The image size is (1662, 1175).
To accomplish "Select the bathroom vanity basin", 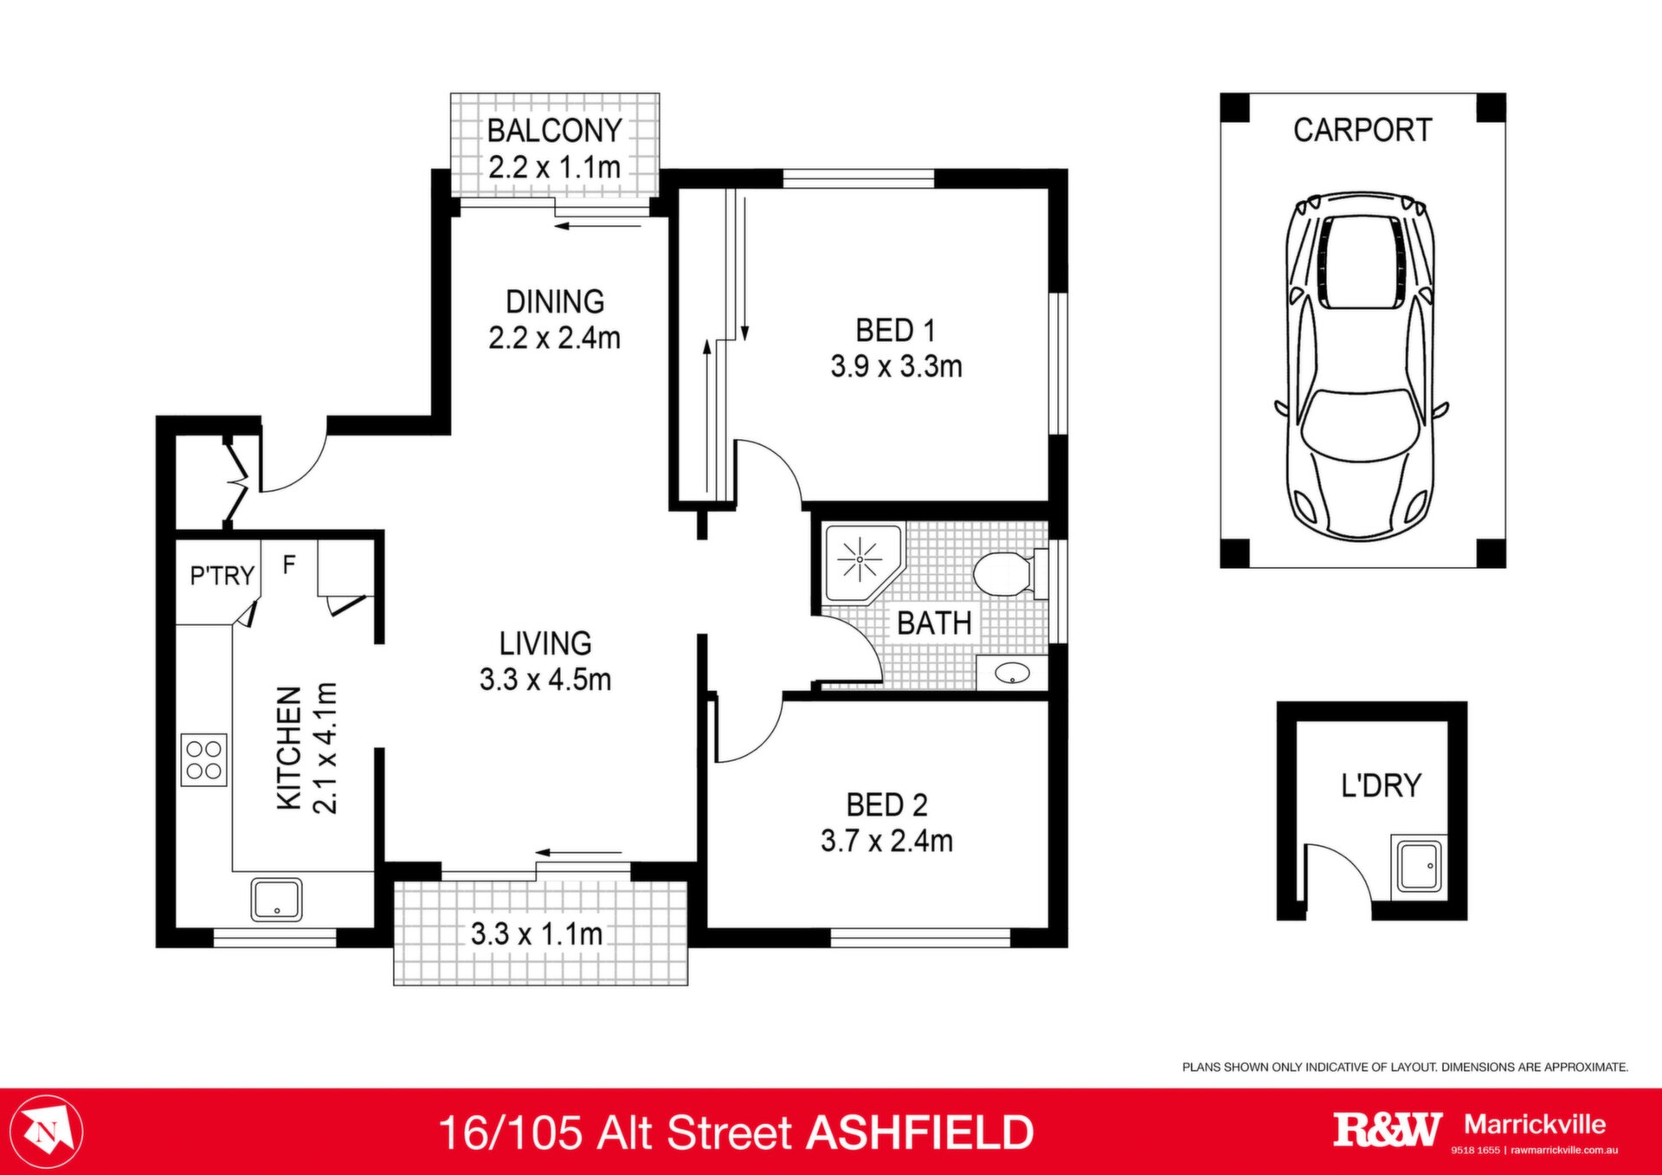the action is click(x=1011, y=673).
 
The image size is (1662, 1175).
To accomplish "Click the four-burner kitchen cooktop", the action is click(x=204, y=760).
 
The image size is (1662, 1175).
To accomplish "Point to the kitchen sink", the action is click(x=277, y=900).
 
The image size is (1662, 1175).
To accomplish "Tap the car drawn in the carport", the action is click(x=1361, y=367).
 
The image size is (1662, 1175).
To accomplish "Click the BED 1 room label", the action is click(x=896, y=330).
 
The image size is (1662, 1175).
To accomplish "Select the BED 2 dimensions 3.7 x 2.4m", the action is click(x=886, y=841).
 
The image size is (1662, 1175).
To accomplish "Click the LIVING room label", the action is click(x=545, y=643).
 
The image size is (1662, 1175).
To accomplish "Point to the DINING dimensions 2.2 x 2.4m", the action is click(x=554, y=338).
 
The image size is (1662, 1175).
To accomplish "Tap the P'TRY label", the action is click(x=222, y=576).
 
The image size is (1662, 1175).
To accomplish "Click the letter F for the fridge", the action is click(x=289, y=565).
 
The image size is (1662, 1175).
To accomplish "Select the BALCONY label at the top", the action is click(x=554, y=131).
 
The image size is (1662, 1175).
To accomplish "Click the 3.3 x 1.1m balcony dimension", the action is click(x=537, y=933).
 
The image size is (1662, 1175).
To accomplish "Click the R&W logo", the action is click(x=1388, y=1130).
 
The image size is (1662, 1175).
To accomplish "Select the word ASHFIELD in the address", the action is click(x=920, y=1133).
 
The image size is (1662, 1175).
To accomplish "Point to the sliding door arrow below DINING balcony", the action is click(x=598, y=227).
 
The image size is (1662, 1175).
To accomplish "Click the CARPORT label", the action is click(x=1362, y=130).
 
